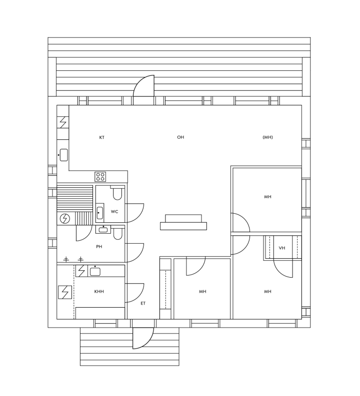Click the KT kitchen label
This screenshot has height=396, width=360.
pyautogui.click(x=102, y=137)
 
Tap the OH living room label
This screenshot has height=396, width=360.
pyautogui.click(x=180, y=137)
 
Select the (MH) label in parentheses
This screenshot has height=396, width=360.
pyautogui.click(x=267, y=137)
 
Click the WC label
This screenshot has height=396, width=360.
pyautogui.click(x=114, y=212)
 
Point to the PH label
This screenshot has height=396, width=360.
pyautogui.click(x=99, y=247)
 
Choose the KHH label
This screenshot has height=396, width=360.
pyautogui.click(x=99, y=291)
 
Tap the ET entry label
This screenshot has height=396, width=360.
pyautogui.click(x=143, y=303)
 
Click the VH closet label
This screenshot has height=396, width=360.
pyautogui.click(x=282, y=248)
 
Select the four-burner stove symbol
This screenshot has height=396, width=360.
pyautogui.click(x=100, y=176)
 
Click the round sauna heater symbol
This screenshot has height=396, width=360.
pyautogui.click(x=65, y=218)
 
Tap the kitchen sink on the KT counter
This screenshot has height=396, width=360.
pyautogui.click(x=63, y=155)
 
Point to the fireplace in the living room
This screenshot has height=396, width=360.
pyautogui.click(x=183, y=223)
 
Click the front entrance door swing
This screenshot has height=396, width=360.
pyautogui.click(x=143, y=339)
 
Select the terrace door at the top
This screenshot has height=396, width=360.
pyautogui.click(x=144, y=90)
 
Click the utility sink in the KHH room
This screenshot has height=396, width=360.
pyautogui.click(x=95, y=271)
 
